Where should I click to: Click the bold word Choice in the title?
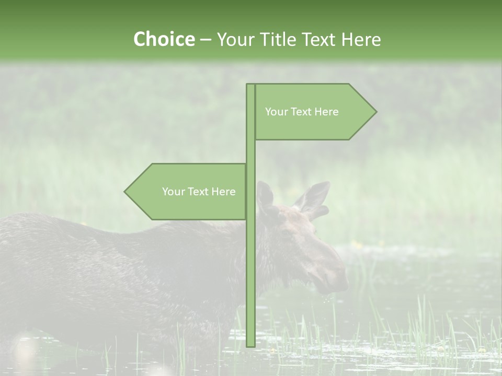tap(164, 39)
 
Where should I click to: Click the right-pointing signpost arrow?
tap(314, 112)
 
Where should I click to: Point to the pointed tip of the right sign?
tap(375, 112)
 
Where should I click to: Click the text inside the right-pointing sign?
tap(302, 112)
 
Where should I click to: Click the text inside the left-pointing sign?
tap(199, 192)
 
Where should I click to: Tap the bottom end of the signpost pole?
tap(250, 345)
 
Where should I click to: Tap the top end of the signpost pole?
tap(250, 85)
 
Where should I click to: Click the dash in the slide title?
tap(206, 40)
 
